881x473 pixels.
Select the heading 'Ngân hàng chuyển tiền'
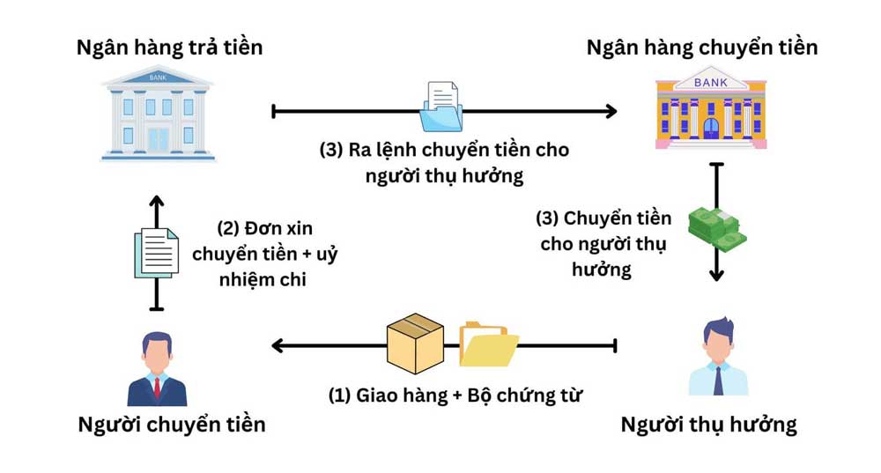[702, 46]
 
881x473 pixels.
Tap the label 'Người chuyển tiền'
[172, 425]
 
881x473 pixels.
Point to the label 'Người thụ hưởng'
[708, 425]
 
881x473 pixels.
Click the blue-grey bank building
[159, 114]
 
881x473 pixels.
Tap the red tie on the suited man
[158, 388]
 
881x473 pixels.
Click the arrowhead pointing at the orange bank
[611, 111]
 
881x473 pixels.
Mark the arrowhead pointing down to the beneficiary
[716, 275]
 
